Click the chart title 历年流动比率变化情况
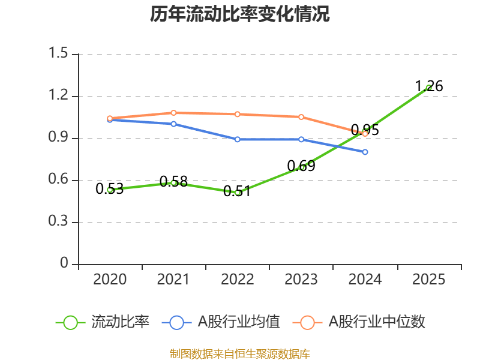(240, 14)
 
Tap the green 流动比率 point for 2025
(428, 88)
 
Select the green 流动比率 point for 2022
(238, 193)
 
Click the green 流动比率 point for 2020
(110, 190)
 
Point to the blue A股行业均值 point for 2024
(365, 152)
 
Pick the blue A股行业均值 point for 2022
(238, 139)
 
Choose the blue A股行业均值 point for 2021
(173, 124)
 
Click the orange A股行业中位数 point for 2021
(173, 113)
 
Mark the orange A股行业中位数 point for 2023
(301, 117)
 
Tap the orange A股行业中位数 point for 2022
(238, 114)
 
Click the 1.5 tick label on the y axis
(60, 54)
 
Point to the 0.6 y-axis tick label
(60, 180)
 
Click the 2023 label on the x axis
(301, 280)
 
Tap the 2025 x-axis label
(428, 280)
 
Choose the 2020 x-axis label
(110, 280)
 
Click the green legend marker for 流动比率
(70, 322)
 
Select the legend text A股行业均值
(239, 322)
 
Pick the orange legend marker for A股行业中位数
(307, 322)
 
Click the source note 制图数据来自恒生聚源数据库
(240, 353)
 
